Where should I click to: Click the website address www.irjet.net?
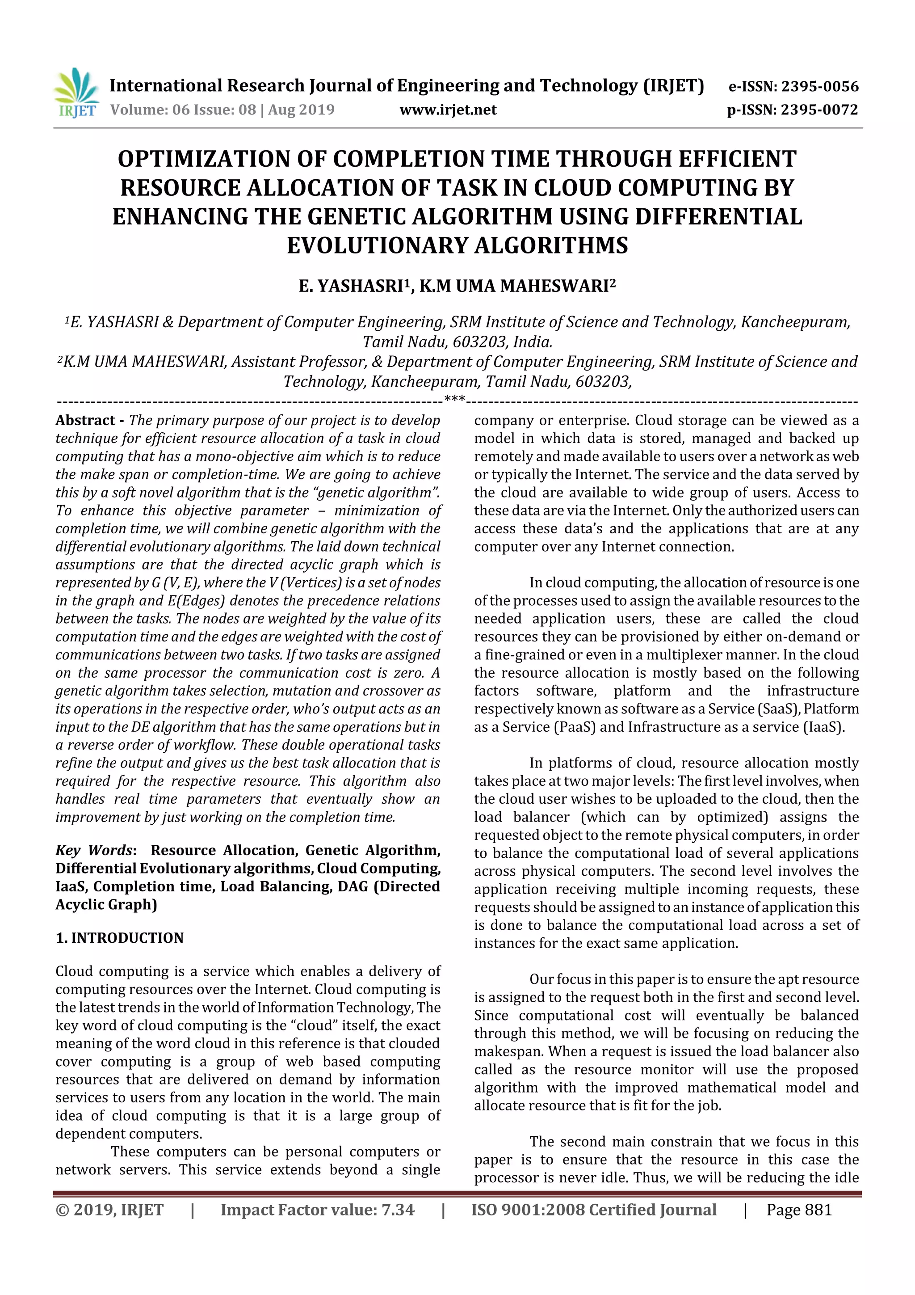pyautogui.click(x=448, y=110)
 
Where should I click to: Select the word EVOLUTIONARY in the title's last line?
pyautogui.click(x=377, y=246)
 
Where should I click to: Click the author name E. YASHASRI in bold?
pyautogui.click(x=350, y=287)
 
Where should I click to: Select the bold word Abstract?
pyautogui.click(x=85, y=421)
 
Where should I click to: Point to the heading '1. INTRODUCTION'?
pyautogui.click(x=120, y=938)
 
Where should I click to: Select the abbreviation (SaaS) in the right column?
pyautogui.click(x=779, y=709)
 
